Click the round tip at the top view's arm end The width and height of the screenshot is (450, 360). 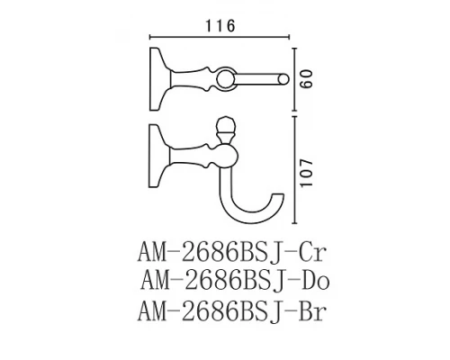285,82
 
